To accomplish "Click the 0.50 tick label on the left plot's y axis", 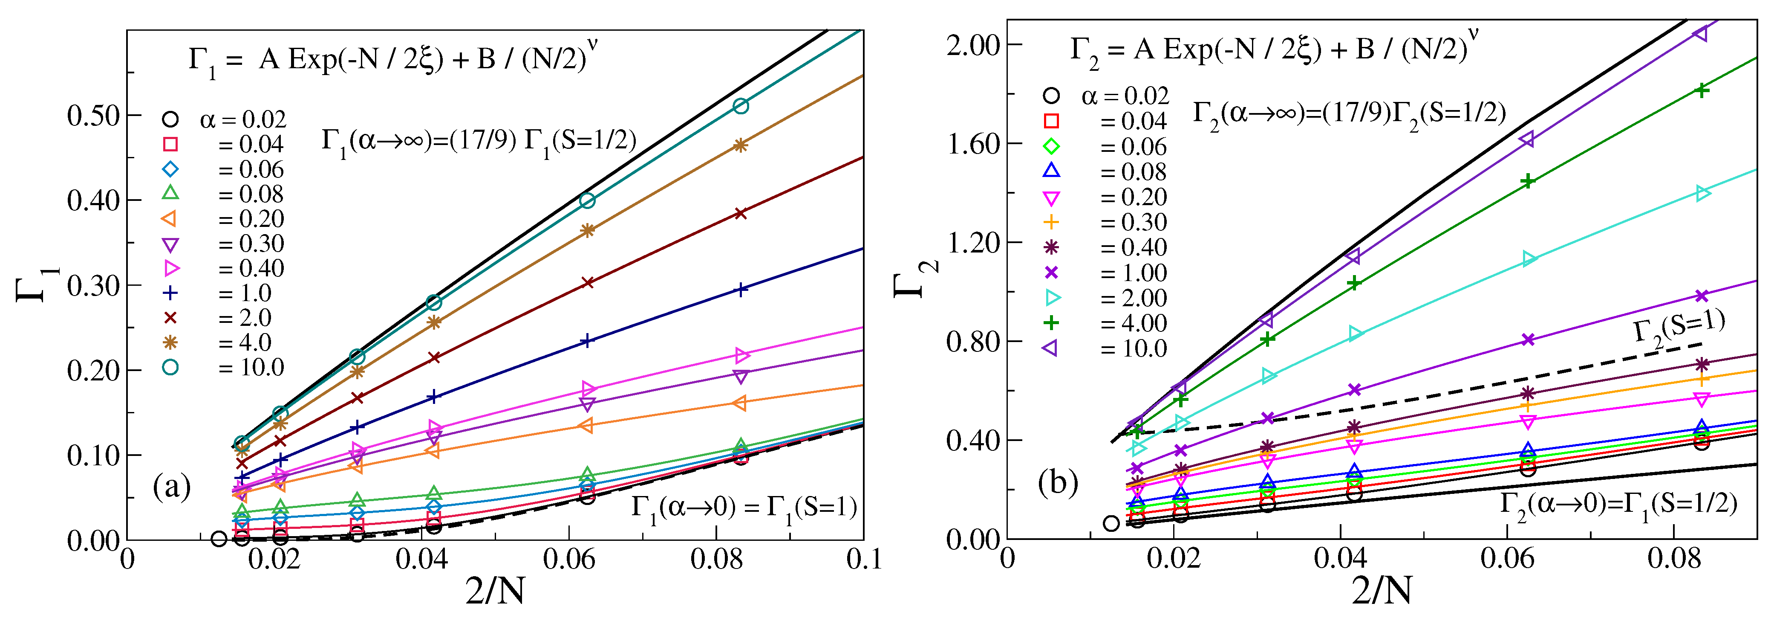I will coord(94,116).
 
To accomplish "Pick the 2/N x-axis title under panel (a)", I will coord(494,591).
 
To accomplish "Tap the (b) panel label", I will coord(1058,482).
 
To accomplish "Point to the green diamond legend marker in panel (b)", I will coord(1051,146).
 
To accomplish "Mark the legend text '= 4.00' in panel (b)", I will coord(1133,323).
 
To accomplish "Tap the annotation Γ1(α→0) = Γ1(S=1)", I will coord(744,508).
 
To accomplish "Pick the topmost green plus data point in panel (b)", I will coord(1701,90).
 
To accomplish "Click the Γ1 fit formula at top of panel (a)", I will coord(392,59).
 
